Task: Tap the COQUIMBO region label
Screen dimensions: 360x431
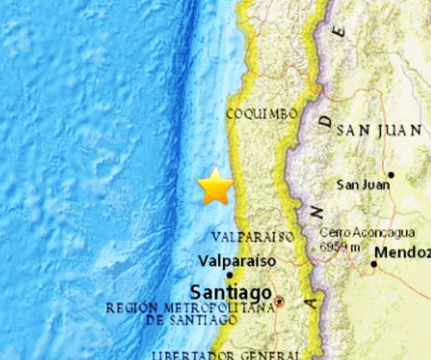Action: point(261,114)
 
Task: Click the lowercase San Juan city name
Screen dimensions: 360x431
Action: point(362,184)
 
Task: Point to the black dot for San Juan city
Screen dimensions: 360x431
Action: point(391,175)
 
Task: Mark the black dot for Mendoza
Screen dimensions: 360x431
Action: point(375,263)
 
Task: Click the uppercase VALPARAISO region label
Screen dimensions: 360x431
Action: point(253,237)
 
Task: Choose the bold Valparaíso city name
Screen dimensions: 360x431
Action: point(236,261)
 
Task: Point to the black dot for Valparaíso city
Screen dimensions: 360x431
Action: point(230,274)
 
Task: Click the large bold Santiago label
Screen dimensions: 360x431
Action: point(231,291)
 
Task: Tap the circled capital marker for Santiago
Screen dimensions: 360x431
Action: point(280,302)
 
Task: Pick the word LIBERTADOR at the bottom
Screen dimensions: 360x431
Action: point(189,355)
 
